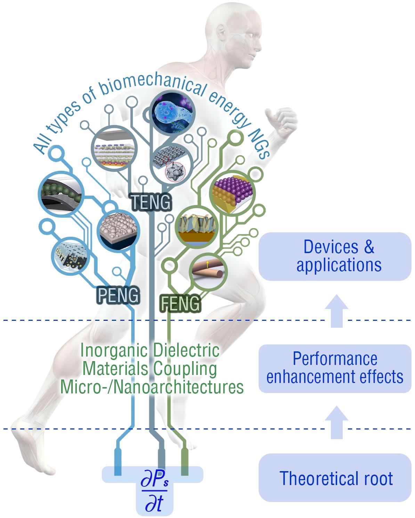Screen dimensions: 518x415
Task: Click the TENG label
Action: (x=151, y=201)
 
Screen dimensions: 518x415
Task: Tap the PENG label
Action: (x=117, y=295)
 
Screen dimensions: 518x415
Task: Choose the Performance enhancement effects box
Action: (x=335, y=368)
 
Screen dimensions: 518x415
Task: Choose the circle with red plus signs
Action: (x=114, y=149)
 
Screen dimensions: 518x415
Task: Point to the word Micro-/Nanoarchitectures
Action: (x=152, y=387)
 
